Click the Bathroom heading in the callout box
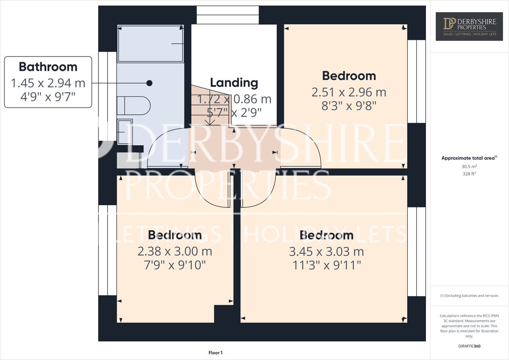[48, 67]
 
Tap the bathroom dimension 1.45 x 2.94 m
[48, 83]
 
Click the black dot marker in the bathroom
[149, 83]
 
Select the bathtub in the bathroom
[151, 44]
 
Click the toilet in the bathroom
[134, 105]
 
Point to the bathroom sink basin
[124, 132]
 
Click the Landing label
[234, 82]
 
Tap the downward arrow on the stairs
[210, 121]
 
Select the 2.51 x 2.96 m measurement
[349, 92]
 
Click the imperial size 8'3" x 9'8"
[349, 105]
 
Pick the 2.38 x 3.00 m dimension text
[174, 251]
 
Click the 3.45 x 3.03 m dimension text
[326, 252]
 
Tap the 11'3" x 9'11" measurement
[326, 265]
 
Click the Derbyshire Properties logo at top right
[469, 27]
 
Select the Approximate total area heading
[469, 158]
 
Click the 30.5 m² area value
[469, 167]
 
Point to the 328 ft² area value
[469, 174]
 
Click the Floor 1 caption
[215, 353]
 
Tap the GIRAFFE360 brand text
[469, 346]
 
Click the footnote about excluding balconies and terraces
[469, 296]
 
